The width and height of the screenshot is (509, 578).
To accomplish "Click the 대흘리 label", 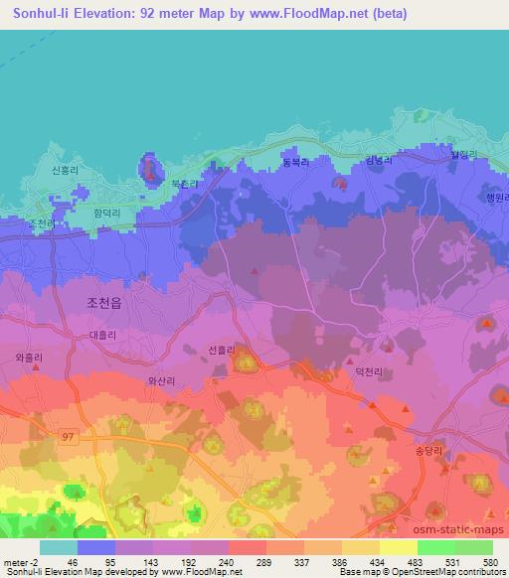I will click(102, 338).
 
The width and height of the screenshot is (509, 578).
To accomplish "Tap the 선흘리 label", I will click(222, 349).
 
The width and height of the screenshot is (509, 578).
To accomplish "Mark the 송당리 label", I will click(464, 449).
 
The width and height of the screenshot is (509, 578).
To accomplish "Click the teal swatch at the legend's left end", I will click(59, 546).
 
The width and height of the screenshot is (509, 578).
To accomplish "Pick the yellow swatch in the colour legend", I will click(398, 546).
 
